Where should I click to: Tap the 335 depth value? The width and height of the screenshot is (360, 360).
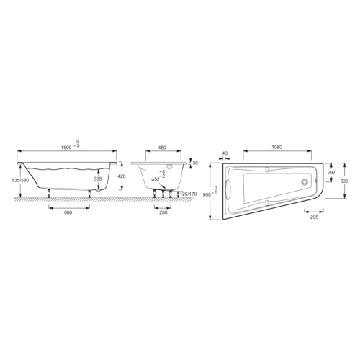point(98,178)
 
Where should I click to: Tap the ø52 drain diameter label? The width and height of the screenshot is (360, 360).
point(155,179)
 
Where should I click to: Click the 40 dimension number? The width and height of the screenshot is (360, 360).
point(225,153)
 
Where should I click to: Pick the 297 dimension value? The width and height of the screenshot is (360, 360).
point(332,173)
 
